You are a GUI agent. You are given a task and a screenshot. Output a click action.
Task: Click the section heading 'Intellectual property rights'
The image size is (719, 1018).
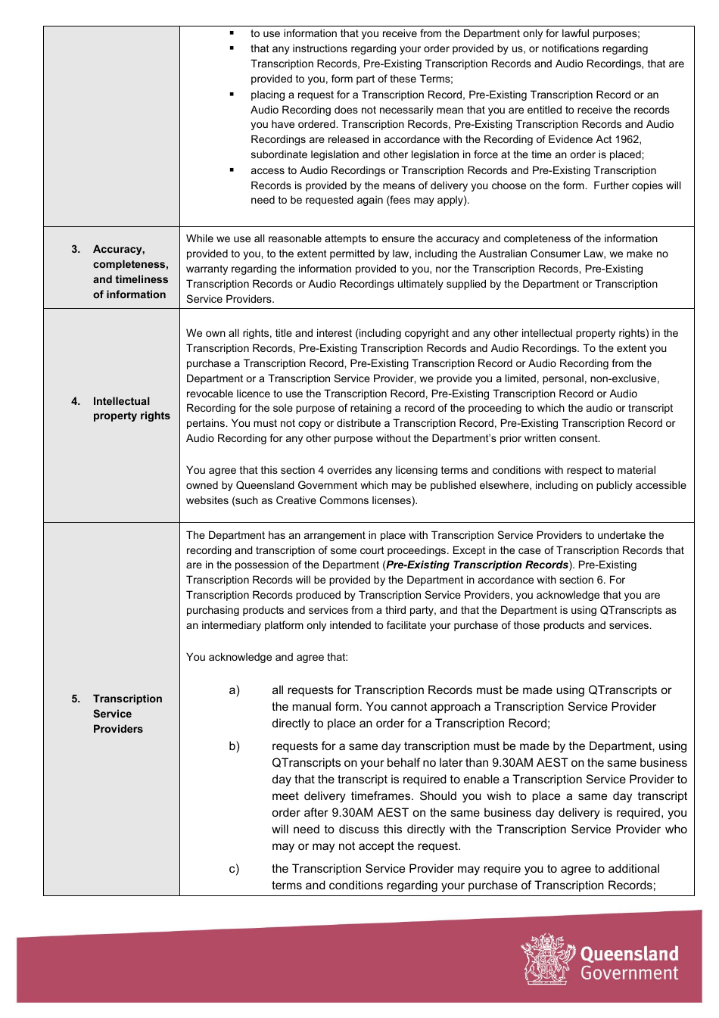131,408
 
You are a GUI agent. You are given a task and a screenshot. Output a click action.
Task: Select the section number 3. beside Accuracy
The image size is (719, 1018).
76,249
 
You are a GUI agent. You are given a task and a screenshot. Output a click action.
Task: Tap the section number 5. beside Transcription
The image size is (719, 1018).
76,699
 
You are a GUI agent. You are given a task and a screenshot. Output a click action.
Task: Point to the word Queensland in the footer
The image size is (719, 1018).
629,954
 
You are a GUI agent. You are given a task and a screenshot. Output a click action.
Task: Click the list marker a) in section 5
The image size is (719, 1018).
235,690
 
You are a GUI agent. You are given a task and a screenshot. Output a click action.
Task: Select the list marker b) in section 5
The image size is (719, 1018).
235,746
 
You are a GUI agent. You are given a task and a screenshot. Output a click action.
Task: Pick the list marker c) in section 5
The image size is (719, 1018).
235,869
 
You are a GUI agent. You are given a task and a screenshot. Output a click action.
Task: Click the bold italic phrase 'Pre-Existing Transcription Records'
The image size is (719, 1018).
478,565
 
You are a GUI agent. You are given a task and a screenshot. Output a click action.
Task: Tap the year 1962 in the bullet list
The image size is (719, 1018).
626,139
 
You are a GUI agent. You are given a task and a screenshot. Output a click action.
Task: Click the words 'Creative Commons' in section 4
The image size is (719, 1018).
318,500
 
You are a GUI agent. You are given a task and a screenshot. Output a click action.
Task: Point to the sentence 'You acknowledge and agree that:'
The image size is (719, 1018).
267,657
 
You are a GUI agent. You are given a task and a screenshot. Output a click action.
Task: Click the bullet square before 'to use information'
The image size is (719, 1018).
232,33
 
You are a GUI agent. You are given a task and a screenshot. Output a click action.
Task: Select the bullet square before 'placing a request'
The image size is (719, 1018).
232,95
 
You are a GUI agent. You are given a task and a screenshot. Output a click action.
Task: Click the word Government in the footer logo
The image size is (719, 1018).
629,974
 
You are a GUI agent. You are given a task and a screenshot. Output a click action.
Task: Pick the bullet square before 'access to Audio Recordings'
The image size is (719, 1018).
232,170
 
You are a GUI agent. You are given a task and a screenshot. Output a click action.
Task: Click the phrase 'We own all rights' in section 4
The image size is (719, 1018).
228,333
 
